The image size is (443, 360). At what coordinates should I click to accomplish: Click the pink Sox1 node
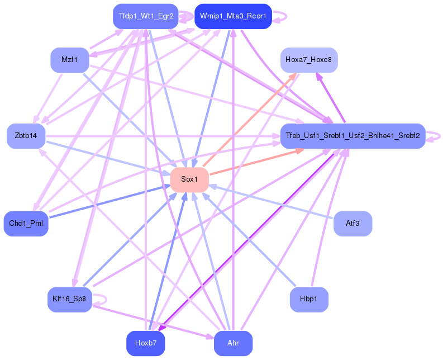click(189, 179)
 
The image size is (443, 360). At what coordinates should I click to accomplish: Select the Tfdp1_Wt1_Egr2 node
click(145, 17)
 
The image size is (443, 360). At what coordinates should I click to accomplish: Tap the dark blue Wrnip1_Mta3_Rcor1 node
click(233, 17)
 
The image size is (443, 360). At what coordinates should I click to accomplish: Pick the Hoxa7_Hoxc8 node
click(309, 60)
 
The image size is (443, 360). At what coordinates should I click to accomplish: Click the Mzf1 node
click(70, 60)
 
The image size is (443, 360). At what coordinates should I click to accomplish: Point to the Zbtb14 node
click(26, 136)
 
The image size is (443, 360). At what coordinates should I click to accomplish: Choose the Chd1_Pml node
click(26, 224)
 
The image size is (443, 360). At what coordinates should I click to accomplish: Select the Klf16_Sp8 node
click(70, 299)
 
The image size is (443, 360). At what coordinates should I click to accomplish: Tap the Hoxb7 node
click(145, 343)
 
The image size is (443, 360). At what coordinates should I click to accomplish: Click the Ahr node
click(233, 343)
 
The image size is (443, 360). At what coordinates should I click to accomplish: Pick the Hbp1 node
click(309, 299)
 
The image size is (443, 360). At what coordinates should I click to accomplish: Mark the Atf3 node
click(353, 224)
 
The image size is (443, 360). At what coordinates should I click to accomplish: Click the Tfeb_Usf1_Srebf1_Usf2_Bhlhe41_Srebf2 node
click(353, 136)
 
